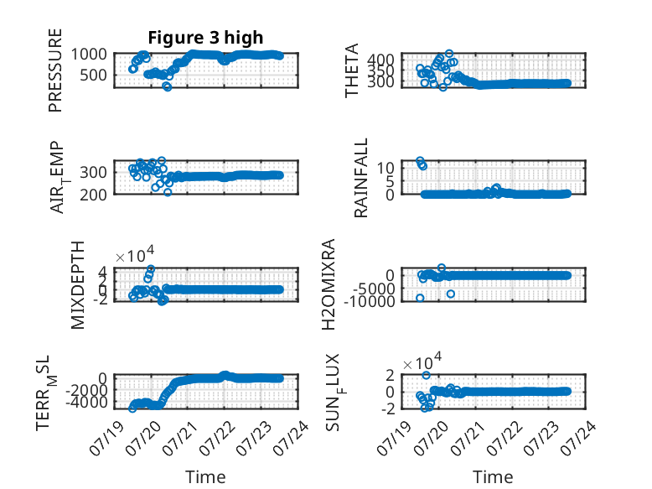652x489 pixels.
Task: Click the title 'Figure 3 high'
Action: (205, 38)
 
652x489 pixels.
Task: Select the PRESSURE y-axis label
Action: (55, 70)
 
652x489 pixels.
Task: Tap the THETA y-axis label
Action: (352, 70)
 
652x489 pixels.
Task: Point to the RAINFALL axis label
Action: (361, 178)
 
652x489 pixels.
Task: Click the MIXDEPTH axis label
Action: (78, 285)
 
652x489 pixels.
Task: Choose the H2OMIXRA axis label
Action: (329, 284)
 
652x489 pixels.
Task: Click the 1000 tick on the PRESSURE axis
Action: (89, 55)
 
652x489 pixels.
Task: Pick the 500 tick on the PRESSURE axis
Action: (94, 75)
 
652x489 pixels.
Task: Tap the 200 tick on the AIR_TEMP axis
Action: (94, 195)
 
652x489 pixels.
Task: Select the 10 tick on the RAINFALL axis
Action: (386, 168)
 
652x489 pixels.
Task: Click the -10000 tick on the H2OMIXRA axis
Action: (370, 301)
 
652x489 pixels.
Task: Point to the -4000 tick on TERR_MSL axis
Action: (86, 403)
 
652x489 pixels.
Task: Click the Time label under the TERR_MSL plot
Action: (205, 477)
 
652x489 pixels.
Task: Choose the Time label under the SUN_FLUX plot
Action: (493, 477)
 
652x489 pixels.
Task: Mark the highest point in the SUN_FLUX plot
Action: (427, 375)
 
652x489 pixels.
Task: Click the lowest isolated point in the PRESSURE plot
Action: (167, 86)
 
